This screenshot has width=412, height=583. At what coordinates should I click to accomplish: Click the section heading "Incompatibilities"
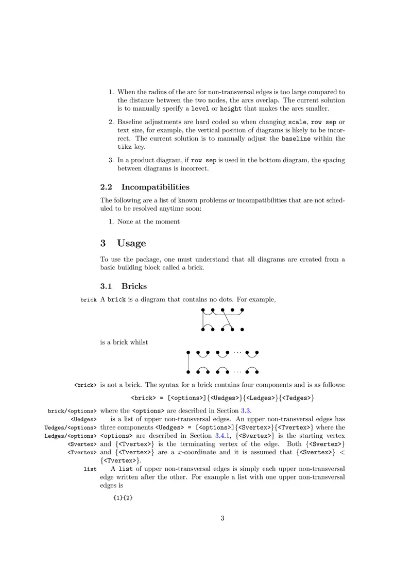click(155, 186)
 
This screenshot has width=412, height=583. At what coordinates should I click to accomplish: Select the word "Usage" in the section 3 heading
click(131, 243)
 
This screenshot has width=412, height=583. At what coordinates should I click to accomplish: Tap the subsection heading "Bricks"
click(134, 286)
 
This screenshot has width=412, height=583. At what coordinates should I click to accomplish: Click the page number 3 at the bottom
click(222, 518)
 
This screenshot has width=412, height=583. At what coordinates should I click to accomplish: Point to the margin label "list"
click(90, 470)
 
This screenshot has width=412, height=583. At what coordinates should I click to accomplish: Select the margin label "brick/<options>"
click(72, 411)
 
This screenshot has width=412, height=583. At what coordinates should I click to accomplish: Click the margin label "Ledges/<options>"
click(71, 436)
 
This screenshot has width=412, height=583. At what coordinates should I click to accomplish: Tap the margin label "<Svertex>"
click(82, 444)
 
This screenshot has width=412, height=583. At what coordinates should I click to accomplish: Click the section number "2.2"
click(107, 186)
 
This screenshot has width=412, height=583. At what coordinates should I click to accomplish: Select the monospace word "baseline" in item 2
click(296, 139)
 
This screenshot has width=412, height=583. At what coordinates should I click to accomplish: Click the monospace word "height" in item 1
click(231, 109)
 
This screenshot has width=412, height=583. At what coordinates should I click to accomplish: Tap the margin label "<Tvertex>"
click(82, 453)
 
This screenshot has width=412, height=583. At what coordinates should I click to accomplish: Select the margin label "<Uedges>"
click(83, 419)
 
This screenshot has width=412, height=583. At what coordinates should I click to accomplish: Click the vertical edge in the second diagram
click(188, 362)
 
